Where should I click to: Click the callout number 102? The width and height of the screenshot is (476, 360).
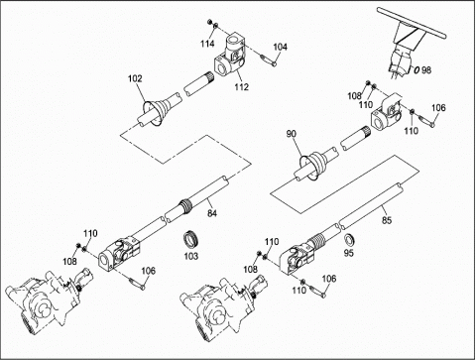click(135, 78)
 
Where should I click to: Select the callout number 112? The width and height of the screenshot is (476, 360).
click(241, 87)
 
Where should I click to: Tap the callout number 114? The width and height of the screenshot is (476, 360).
click(207, 44)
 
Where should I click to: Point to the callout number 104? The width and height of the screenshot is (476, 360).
click(280, 47)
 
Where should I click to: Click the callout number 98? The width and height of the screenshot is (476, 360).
click(426, 70)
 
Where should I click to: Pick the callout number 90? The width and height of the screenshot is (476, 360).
click(292, 134)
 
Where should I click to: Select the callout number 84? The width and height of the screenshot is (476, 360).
click(212, 213)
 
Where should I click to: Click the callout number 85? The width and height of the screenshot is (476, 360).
click(387, 220)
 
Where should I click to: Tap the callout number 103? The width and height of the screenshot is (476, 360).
click(191, 256)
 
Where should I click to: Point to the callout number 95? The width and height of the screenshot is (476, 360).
click(349, 253)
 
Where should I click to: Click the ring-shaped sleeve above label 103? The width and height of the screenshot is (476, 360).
click(189, 240)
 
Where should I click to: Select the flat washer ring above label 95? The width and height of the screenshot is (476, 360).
click(348, 239)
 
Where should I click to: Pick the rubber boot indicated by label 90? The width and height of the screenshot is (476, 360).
click(312, 166)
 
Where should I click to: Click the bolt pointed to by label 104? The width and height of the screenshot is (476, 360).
click(268, 60)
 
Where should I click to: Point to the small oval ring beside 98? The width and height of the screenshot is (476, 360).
click(416, 69)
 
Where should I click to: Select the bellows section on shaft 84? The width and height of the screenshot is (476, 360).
click(186, 206)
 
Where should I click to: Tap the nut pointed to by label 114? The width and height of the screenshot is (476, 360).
click(209, 22)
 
